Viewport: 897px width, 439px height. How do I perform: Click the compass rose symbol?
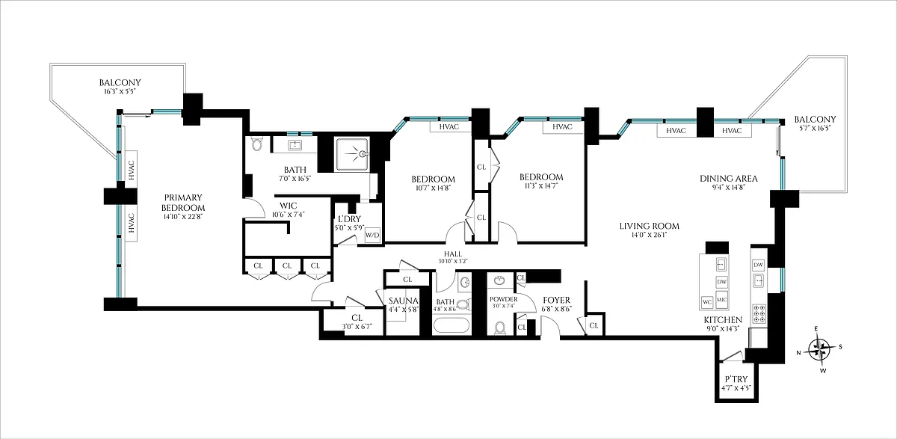point(819,349)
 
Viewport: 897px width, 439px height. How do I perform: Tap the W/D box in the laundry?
point(372,235)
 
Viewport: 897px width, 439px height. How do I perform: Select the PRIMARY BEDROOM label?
point(183,203)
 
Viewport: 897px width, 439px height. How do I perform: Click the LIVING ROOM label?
point(649,227)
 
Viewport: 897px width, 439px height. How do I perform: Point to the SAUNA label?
point(403,301)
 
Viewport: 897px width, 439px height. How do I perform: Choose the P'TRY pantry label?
point(736,379)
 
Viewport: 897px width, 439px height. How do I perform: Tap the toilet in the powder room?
point(500,328)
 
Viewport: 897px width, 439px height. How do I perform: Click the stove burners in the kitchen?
point(759,313)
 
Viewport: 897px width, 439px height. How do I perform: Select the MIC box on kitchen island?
point(721,300)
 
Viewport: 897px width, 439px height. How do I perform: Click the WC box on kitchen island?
point(707,302)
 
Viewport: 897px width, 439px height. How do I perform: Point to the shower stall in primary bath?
point(352,154)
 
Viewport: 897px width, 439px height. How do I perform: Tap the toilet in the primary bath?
point(256,144)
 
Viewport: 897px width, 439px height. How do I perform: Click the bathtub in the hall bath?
point(451,325)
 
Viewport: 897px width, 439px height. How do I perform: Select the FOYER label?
point(557,301)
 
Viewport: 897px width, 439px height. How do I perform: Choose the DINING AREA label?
point(729,179)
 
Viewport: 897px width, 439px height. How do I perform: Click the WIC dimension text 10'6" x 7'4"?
point(289,215)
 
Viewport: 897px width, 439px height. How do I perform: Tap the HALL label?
point(453,254)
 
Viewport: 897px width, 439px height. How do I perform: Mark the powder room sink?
point(499,280)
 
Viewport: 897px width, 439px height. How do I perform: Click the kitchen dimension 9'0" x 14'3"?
point(724,329)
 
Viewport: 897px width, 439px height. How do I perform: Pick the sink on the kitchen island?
point(721,264)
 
